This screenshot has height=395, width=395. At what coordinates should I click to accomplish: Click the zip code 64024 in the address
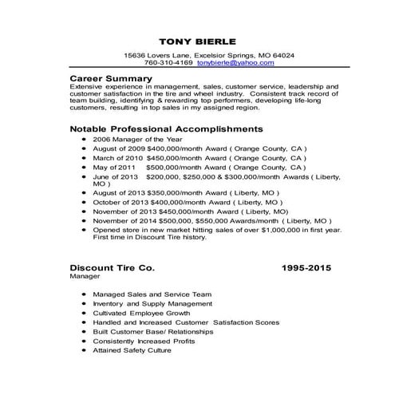click(x=283, y=55)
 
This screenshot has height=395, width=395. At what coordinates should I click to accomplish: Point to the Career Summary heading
click(x=110, y=77)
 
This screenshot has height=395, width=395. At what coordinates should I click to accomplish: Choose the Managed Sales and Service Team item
click(x=152, y=294)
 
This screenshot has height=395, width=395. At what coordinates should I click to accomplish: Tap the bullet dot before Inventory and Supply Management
click(x=85, y=304)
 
